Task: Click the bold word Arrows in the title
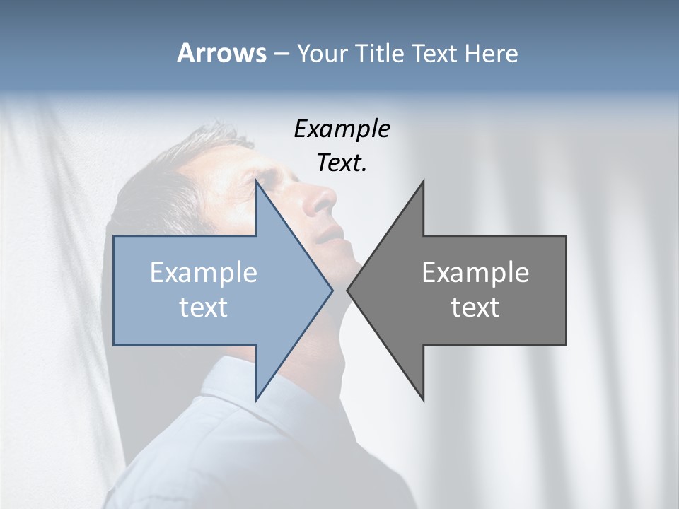click(221, 53)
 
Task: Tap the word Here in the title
click(491, 53)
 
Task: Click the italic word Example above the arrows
click(342, 129)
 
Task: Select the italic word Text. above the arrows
click(342, 163)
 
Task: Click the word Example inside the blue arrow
click(204, 272)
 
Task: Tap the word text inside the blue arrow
click(204, 307)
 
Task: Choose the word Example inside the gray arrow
click(475, 272)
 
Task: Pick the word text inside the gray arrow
click(475, 307)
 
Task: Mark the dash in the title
click(281, 54)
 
